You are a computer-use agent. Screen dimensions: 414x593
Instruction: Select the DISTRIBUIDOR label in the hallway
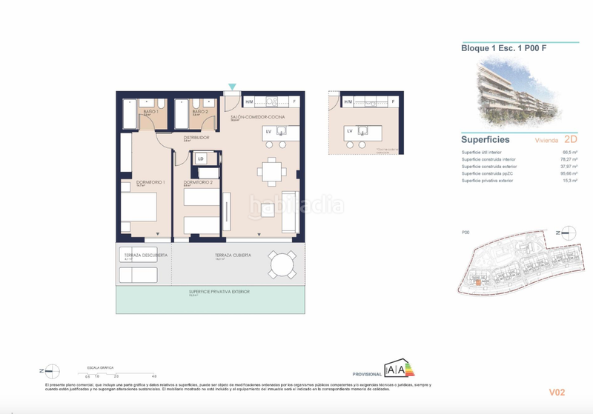(x=176, y=138)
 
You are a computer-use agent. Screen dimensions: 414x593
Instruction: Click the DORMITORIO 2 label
(x=198, y=182)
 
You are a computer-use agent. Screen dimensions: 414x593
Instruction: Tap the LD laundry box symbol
(x=200, y=158)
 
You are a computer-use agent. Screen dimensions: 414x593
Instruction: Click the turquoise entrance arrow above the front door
(x=232, y=87)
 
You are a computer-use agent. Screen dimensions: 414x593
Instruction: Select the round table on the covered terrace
(x=282, y=264)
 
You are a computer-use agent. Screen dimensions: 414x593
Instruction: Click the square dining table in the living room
(x=272, y=171)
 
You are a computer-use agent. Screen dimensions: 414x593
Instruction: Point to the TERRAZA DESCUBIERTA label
(x=145, y=255)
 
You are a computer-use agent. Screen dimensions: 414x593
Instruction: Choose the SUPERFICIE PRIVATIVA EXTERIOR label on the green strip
(x=219, y=292)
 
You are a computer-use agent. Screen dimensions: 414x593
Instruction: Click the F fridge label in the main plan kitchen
(x=294, y=101)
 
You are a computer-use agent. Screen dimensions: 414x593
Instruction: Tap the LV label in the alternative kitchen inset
(x=349, y=131)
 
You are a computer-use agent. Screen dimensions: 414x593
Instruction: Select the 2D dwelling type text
(x=571, y=138)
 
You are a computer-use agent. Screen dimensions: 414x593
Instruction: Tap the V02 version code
(x=557, y=392)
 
